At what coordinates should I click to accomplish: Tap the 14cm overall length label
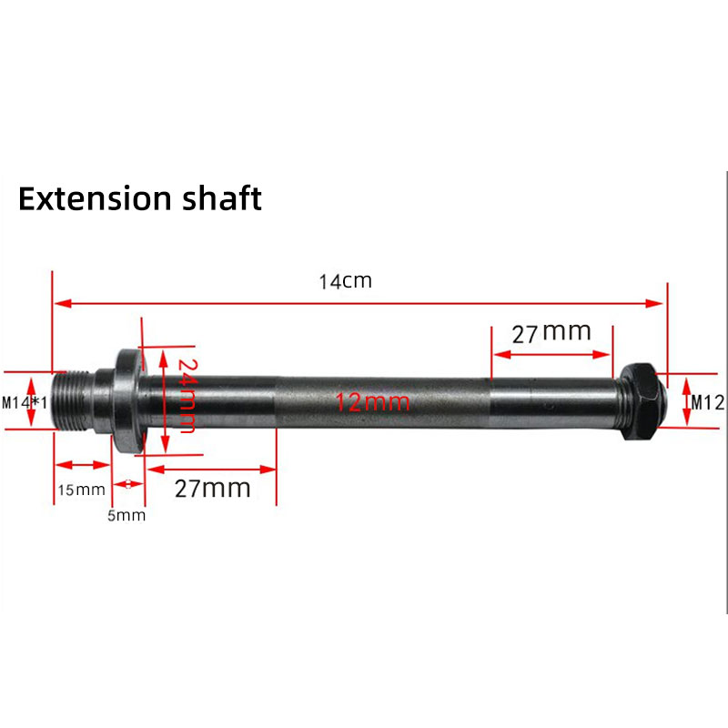345,281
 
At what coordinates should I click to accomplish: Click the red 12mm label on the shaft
372,401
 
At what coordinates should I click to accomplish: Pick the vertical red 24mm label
185,396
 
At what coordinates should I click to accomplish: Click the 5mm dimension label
127,515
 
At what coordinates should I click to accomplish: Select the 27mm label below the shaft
212,488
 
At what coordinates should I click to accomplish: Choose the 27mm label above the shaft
551,333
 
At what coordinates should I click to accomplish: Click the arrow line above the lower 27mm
211,469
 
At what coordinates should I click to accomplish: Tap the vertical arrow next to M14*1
34,401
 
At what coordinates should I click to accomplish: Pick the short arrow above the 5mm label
128,483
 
